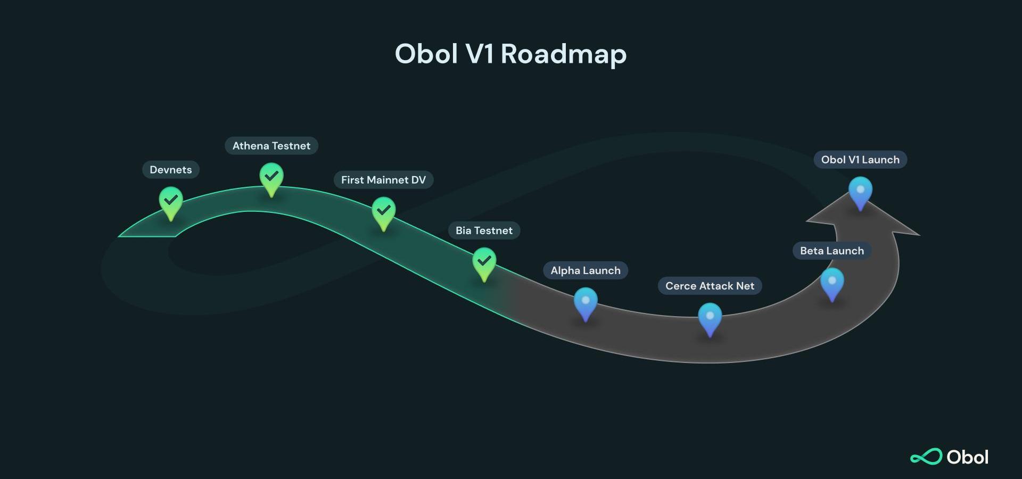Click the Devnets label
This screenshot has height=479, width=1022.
coord(170,170)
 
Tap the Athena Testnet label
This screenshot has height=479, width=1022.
coord(271,146)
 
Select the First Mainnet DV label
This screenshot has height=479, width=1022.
coord(383,180)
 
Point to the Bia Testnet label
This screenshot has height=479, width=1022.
coord(484,230)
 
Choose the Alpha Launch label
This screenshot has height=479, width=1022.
coord(586,270)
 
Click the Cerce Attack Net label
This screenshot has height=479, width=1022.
coord(710,286)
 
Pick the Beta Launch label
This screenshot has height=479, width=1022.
coord(832,251)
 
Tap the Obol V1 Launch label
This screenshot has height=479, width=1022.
coord(860,160)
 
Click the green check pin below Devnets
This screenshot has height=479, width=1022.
coord(171,203)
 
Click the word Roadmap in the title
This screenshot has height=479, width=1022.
coord(564,55)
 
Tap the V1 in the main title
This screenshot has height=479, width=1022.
coord(479,54)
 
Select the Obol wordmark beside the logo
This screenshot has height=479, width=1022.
coord(968,457)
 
